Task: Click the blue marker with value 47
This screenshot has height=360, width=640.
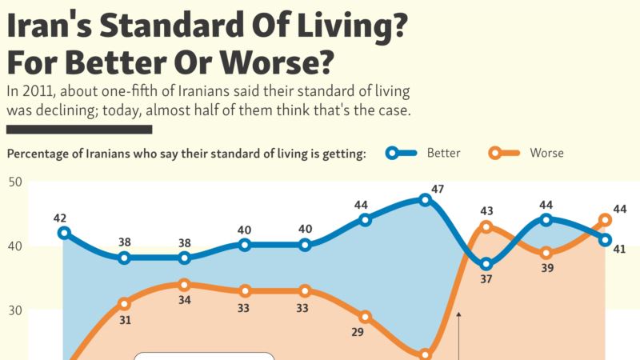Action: [x=425, y=200]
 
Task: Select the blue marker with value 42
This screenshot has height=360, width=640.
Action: [x=64, y=233]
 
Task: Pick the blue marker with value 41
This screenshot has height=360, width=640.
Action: [x=606, y=239]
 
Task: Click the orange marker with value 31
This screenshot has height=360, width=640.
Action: [x=124, y=304]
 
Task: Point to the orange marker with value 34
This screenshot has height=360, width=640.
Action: [x=184, y=284]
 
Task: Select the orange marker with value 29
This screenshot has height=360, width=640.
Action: [x=365, y=317]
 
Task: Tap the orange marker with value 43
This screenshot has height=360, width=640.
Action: [x=486, y=226]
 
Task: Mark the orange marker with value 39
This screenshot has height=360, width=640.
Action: [x=546, y=253]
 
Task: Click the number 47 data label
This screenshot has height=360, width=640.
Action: [x=437, y=189]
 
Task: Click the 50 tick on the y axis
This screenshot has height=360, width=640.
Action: [x=15, y=182]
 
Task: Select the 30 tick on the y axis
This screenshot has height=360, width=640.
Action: [x=15, y=310]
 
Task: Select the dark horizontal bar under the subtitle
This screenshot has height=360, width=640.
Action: [x=78, y=128]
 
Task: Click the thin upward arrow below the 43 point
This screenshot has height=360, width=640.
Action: [x=459, y=336]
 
